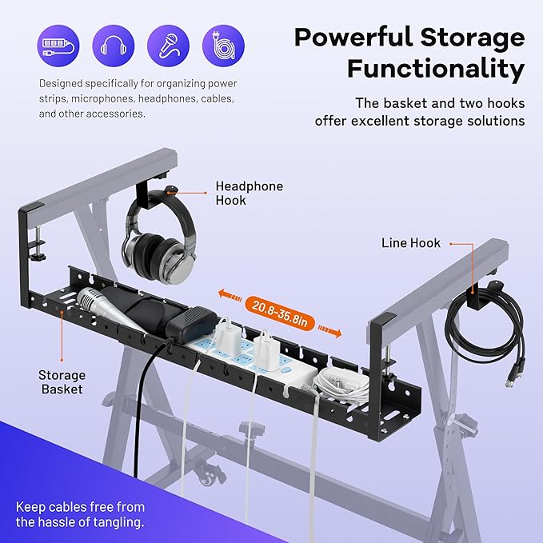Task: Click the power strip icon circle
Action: [58, 46]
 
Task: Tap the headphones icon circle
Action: [114, 46]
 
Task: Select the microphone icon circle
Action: [168, 46]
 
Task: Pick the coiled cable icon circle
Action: [223, 46]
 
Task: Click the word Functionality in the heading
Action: [436, 69]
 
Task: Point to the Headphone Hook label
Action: [250, 194]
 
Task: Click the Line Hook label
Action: [411, 243]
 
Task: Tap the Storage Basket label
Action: [62, 382]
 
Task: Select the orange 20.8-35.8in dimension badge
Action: [280, 313]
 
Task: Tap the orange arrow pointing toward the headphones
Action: [230, 296]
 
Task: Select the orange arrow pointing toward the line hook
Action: [329, 331]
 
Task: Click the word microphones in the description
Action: [102, 98]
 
